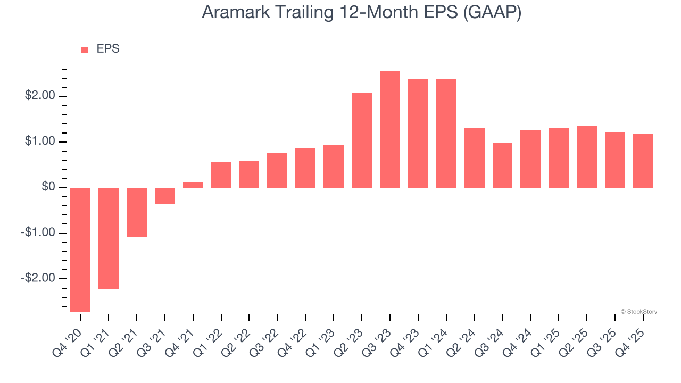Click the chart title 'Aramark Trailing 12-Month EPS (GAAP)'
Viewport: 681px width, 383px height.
(361, 12)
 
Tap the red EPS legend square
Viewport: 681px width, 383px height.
(85, 50)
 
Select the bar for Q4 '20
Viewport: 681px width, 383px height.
(80, 249)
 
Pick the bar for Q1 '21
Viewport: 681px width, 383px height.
(109, 238)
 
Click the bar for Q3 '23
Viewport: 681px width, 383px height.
(390, 129)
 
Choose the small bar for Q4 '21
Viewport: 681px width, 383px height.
(193, 185)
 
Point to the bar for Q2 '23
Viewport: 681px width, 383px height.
(362, 140)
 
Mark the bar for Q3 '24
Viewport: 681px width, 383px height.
(503, 165)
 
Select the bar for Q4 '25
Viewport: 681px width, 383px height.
(643, 161)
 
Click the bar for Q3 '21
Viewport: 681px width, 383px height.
(165, 196)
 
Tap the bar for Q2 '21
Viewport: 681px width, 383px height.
(137, 212)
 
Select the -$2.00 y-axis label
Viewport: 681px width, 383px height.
(38, 279)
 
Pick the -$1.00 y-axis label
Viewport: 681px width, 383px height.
(38, 233)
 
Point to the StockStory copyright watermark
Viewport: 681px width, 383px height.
(638, 312)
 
